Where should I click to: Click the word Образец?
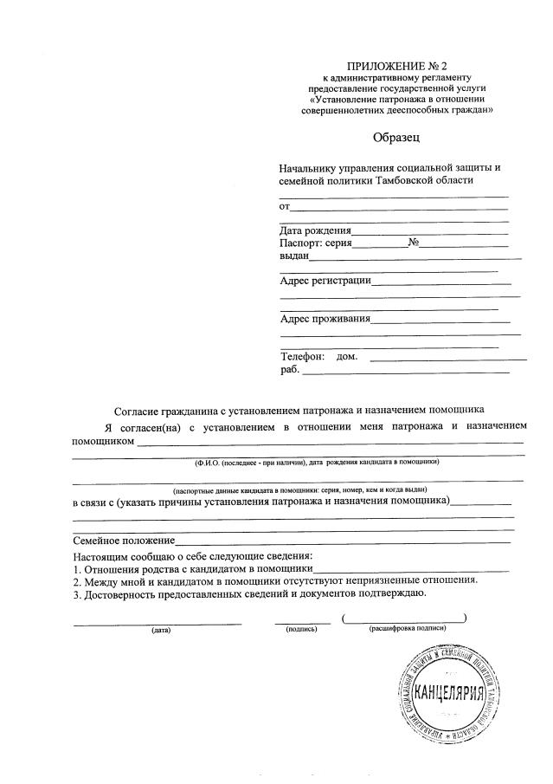click(x=396, y=136)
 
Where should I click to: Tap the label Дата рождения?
click(x=315, y=230)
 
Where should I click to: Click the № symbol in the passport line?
click(x=414, y=243)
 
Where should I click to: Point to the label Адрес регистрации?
click(x=325, y=280)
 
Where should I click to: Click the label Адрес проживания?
click(x=325, y=318)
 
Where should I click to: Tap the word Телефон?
click(x=302, y=356)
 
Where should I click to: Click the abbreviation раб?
click(x=289, y=370)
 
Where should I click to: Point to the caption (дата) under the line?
click(x=160, y=630)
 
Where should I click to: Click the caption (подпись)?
click(x=302, y=630)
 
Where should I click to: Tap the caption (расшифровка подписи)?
click(x=406, y=627)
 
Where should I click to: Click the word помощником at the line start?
click(x=103, y=441)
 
